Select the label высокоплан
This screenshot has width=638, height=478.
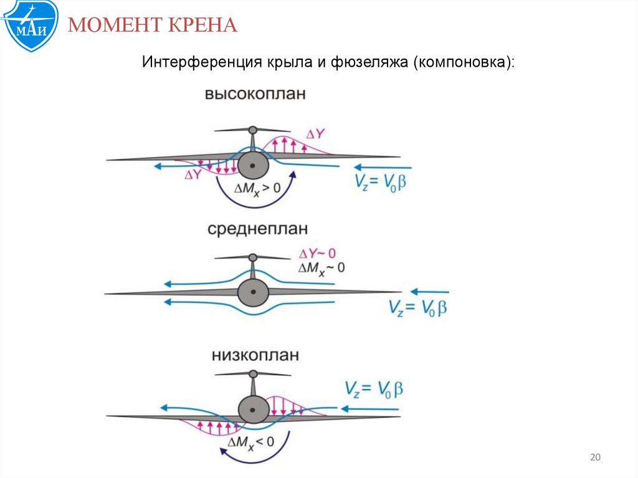tap(255, 95)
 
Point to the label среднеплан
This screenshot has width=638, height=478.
tap(257, 229)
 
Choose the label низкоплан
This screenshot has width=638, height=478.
tap(255, 355)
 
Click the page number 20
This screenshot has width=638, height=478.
tap(594, 458)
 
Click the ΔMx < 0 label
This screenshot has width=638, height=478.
tap(251, 442)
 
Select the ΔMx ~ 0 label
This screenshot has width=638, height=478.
tap(321, 267)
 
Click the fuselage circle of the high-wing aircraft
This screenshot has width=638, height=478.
tap(252, 165)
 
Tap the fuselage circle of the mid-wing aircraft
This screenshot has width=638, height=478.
tap(252, 292)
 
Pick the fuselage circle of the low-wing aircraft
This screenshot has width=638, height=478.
tap(253, 410)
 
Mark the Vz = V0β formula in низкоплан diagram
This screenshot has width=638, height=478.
tap(374, 390)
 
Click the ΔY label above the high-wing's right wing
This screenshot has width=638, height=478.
tap(315, 134)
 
